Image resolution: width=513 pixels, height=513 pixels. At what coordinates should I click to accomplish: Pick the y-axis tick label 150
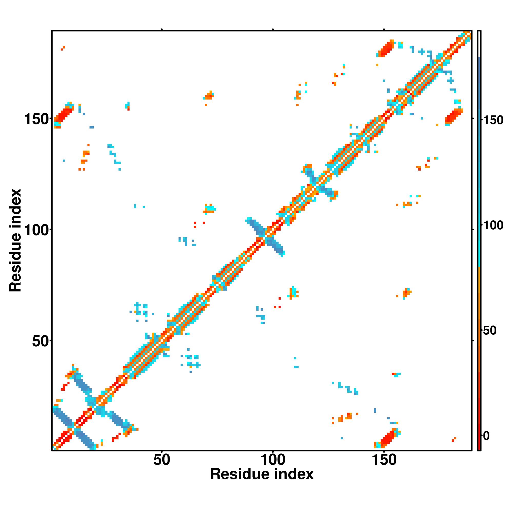coord(36,119)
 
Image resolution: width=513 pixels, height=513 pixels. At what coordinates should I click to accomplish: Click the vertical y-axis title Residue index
coord(15,241)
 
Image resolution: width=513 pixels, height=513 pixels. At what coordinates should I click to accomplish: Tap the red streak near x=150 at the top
coord(386,48)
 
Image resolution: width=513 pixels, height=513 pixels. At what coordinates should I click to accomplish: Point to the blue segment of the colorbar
coord(479,106)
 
